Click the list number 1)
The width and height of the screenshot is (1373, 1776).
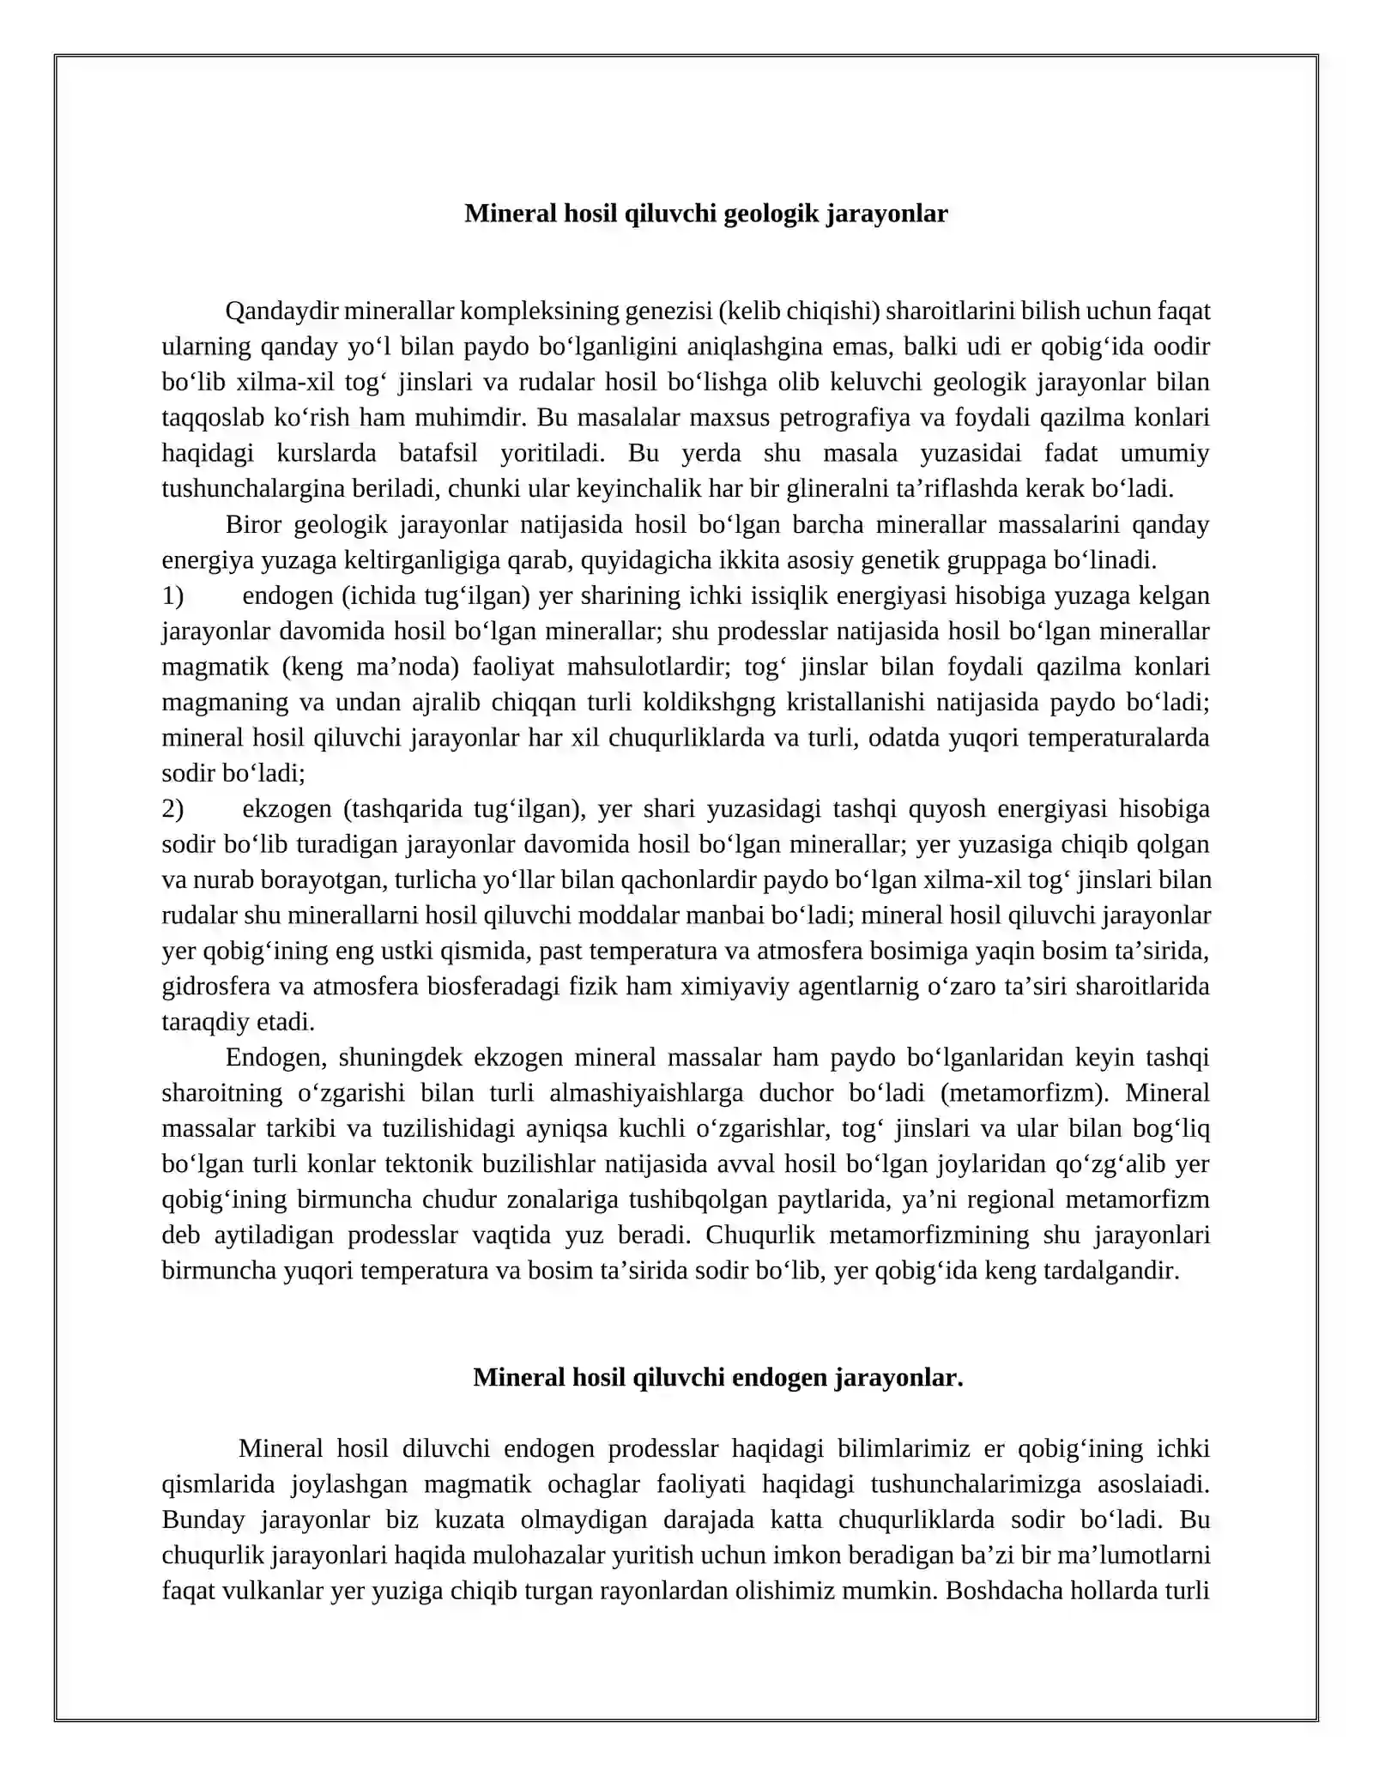click(x=172, y=595)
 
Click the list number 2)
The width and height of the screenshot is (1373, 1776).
click(x=172, y=809)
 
